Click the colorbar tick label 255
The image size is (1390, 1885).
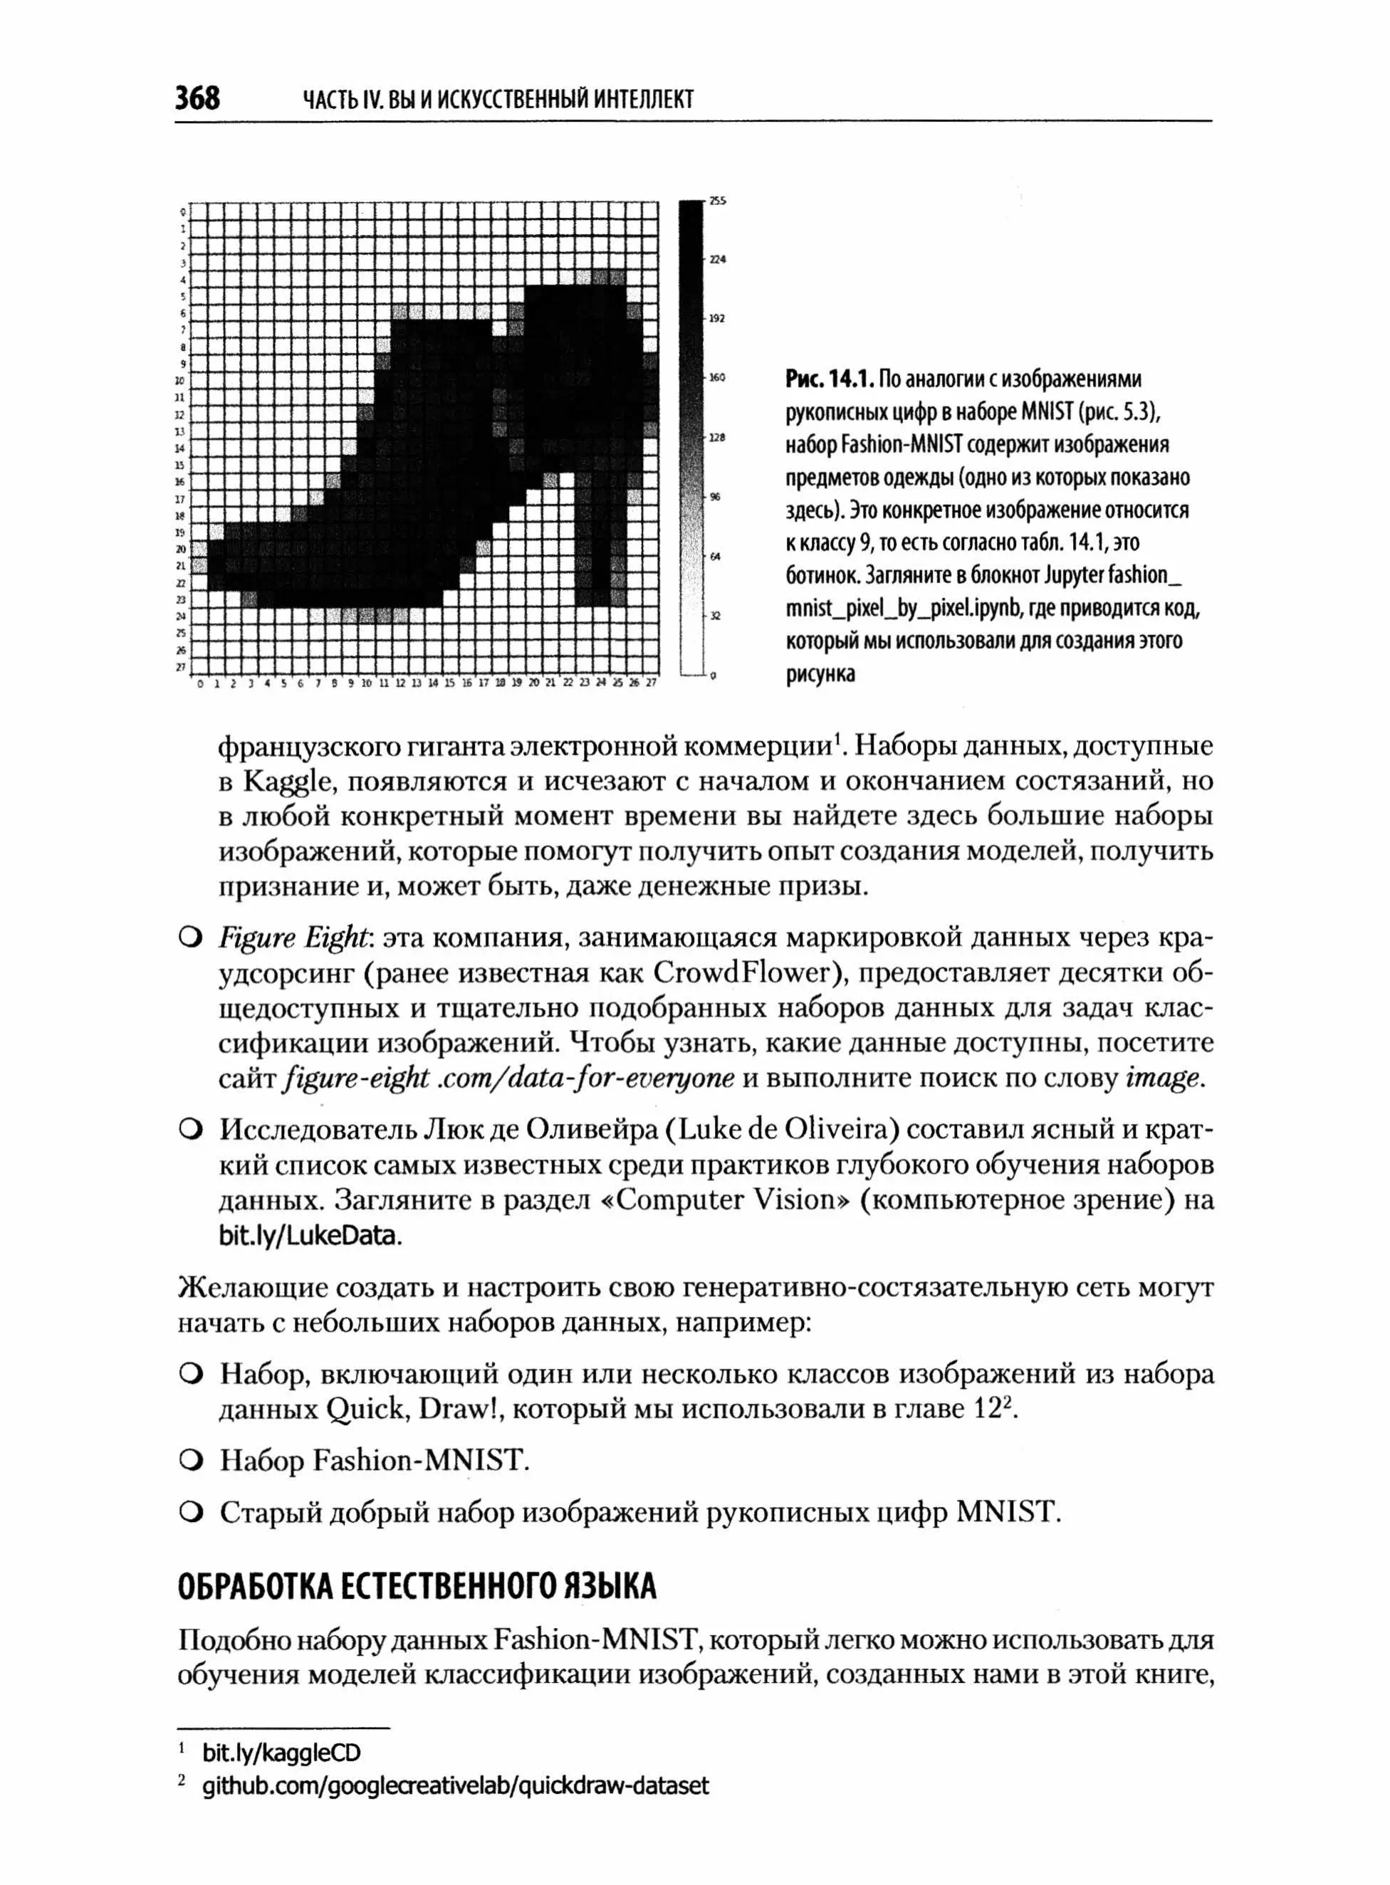[718, 201]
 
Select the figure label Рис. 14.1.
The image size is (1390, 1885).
[829, 379]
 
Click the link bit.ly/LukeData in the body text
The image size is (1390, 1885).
[307, 1236]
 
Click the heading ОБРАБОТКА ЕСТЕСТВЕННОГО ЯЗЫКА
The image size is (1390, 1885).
[417, 1587]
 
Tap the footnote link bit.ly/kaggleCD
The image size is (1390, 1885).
[281, 1752]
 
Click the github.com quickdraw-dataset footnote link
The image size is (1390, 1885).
[455, 1785]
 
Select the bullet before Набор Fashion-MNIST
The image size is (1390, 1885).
[190, 1460]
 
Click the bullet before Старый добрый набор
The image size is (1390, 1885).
[190, 1513]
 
